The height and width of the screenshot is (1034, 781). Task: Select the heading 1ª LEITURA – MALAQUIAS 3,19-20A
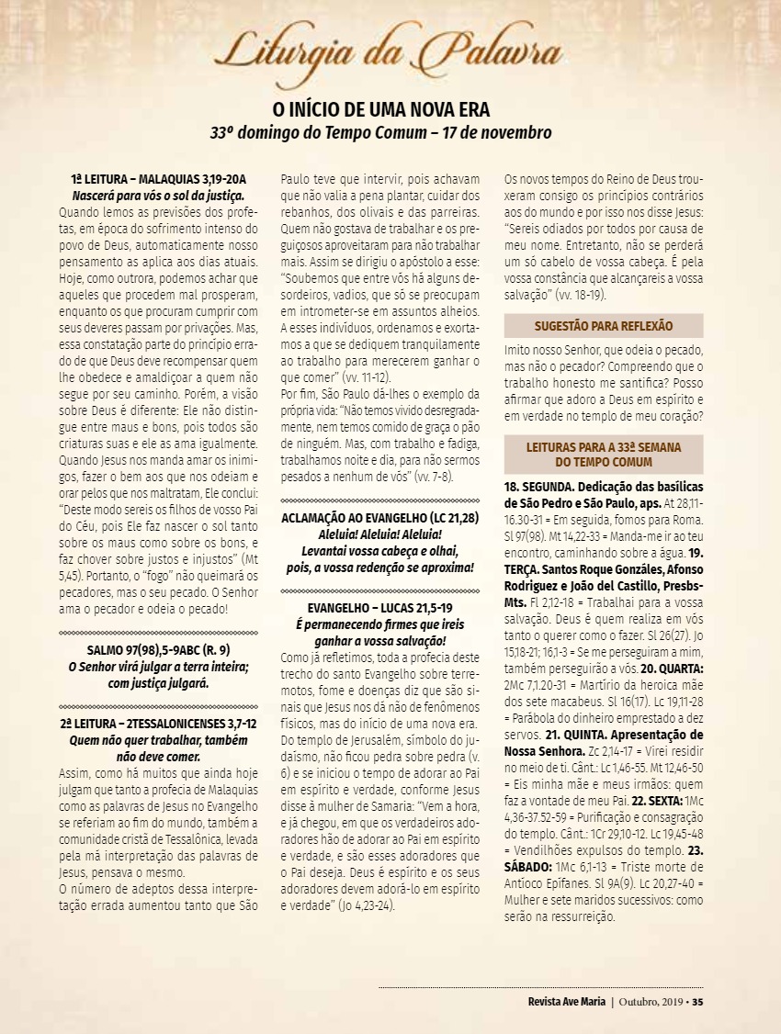point(159,180)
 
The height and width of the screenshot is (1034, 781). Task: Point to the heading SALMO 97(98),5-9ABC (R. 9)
point(159,650)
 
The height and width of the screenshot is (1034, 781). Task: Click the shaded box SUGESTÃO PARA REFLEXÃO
point(604,326)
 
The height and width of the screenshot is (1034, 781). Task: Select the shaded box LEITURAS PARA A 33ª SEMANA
point(604,454)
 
